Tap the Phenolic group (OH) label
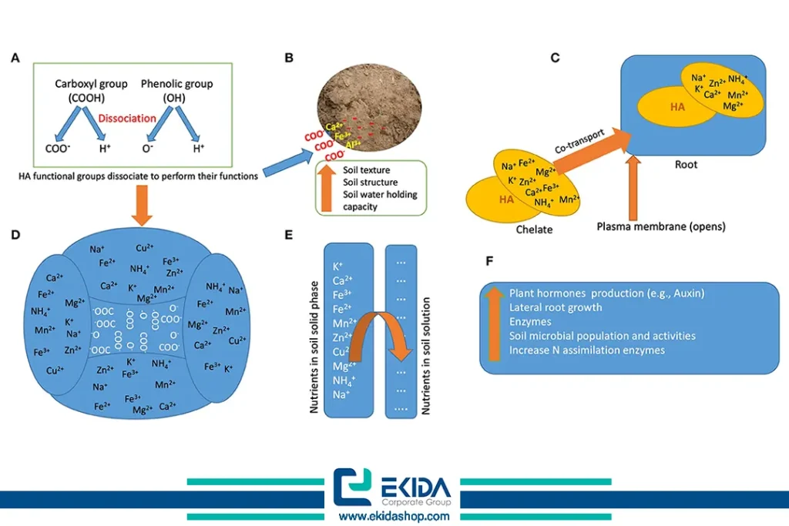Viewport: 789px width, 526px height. (x=176, y=90)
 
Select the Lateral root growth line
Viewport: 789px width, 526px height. (x=556, y=308)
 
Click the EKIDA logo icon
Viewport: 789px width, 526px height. (x=352, y=487)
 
